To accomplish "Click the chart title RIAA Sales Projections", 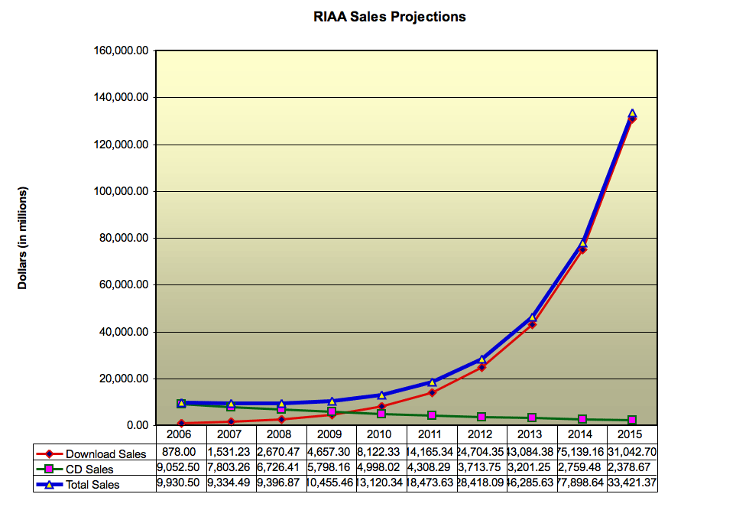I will point(389,16).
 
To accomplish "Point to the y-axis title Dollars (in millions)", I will point(23,238).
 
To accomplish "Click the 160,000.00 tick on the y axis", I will point(120,51).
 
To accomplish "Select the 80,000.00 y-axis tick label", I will point(123,239).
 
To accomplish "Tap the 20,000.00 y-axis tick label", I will point(123,379).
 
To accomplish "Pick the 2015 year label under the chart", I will point(632,434).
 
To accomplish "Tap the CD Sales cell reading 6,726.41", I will point(280,468).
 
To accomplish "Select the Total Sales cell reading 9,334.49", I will point(230,483).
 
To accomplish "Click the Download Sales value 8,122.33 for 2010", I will point(381,453).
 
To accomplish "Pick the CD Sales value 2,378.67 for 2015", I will point(632,468).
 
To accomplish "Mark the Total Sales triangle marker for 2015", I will point(632,113).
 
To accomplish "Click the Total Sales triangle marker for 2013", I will point(532,317).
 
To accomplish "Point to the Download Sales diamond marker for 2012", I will point(481,368).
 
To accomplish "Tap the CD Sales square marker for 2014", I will point(582,419).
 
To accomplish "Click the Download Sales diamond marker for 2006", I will point(180,423).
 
